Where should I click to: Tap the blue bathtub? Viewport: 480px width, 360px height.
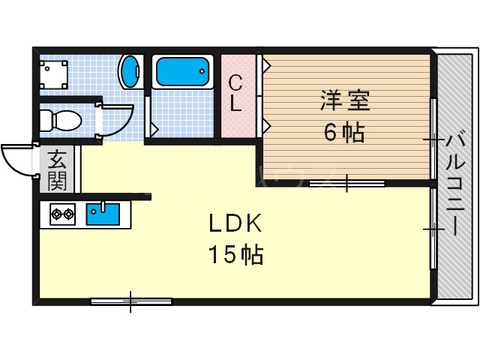pyautogui.click(x=181, y=73)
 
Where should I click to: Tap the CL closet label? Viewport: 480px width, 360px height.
pyautogui.click(x=235, y=93)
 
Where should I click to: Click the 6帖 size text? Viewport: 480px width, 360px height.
pyautogui.click(x=344, y=133)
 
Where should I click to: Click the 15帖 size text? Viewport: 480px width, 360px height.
pyautogui.click(x=235, y=256)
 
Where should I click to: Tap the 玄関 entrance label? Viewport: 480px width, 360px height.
pyautogui.click(x=57, y=170)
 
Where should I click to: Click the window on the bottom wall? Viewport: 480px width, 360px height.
pyautogui.click(x=130, y=301)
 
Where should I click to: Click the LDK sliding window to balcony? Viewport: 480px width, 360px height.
pyautogui.click(x=433, y=228)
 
